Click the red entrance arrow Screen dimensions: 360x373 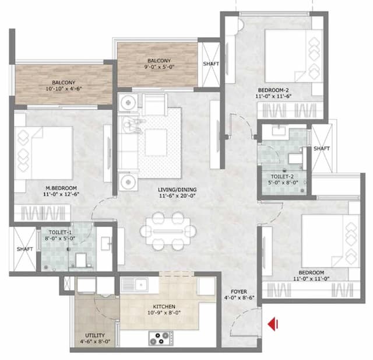[272, 323]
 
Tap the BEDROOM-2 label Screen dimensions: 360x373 [273, 90]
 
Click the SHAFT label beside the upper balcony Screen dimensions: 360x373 [210, 64]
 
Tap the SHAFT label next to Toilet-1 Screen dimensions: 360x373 [24, 249]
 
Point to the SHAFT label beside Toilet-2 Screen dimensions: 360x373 [322, 149]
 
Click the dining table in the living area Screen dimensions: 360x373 [165, 229]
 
